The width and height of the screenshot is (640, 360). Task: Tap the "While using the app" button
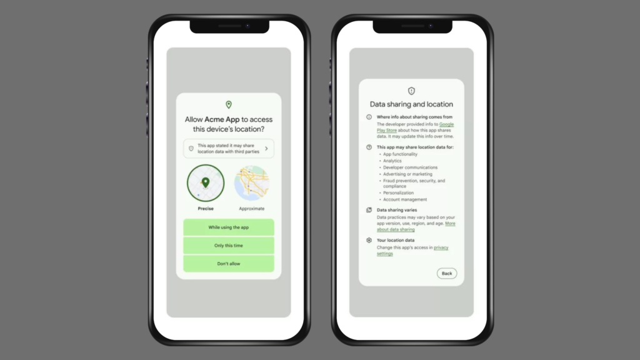click(228, 227)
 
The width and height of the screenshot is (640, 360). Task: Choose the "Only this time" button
click(228, 246)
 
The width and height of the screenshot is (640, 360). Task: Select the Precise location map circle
click(205, 183)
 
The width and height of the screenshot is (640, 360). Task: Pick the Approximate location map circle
click(252, 183)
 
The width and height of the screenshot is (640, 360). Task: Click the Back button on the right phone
click(447, 273)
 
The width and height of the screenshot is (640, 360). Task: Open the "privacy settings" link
click(441, 247)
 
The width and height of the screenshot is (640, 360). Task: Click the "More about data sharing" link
click(450, 223)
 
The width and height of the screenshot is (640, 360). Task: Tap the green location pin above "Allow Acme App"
click(229, 105)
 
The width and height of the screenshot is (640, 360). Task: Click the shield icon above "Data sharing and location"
click(411, 91)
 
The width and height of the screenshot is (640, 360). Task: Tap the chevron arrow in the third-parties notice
click(266, 149)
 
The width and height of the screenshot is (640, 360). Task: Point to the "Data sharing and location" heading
click(411, 104)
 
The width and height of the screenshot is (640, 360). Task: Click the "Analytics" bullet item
click(392, 161)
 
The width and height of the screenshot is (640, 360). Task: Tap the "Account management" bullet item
click(406, 200)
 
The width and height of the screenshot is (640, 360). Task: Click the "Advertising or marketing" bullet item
click(407, 174)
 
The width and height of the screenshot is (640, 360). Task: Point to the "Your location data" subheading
click(396, 240)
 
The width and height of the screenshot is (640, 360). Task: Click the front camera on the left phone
click(247, 26)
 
